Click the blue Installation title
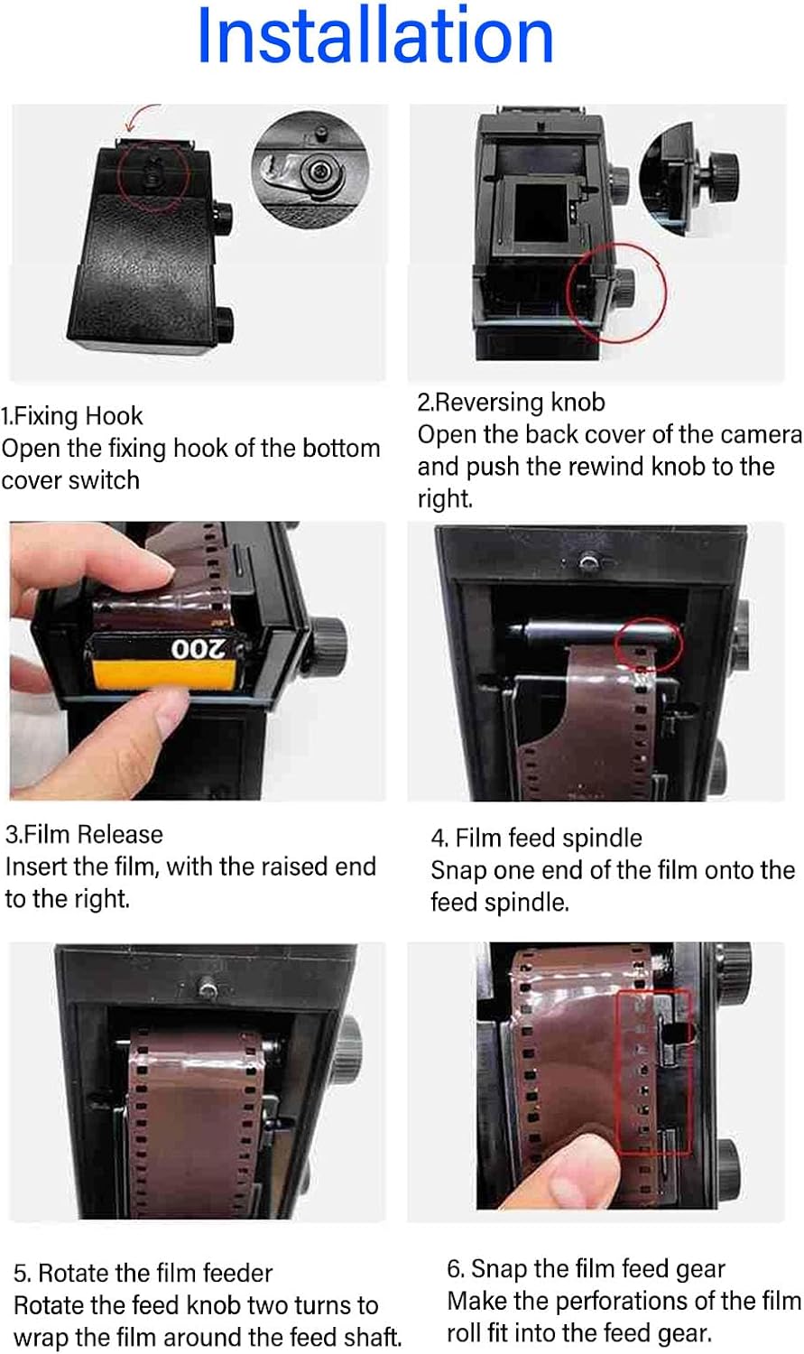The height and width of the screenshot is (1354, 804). pos(375,35)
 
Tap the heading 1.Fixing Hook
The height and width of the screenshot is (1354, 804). pos(72,416)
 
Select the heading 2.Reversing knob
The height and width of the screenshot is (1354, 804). pos(511,403)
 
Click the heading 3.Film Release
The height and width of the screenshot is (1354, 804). pos(84,835)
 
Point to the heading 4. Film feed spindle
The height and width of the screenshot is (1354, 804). pos(536,839)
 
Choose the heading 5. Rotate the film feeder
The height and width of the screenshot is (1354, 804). pos(143,1274)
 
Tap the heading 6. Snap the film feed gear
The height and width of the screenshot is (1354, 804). pos(586,1269)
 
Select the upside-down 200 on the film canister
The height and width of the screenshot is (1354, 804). pos(198,649)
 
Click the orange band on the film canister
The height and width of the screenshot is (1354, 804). pos(163,675)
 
